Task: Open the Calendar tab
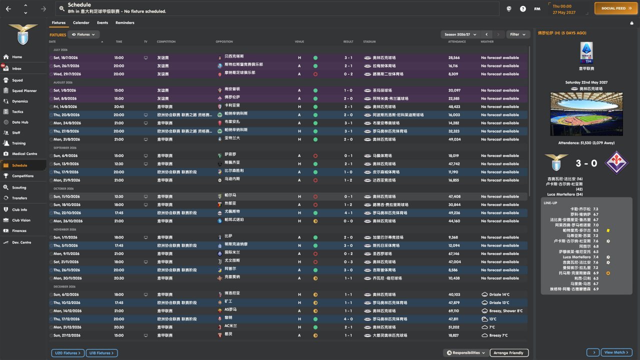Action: tap(81, 22)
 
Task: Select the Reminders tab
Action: tap(124, 22)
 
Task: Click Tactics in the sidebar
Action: tap(17, 111)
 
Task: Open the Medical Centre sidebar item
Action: tap(24, 153)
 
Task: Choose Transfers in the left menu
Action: tap(19, 198)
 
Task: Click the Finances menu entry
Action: tap(19, 230)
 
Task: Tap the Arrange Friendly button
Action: tap(508, 353)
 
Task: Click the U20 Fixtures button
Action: tap(67, 353)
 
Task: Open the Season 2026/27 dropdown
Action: tap(459, 34)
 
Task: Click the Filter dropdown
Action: tap(518, 34)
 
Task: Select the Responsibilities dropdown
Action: tap(465, 353)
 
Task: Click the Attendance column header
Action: tap(456, 41)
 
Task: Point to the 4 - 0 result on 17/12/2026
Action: tap(348, 319)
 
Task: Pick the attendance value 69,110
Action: tap(453, 311)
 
